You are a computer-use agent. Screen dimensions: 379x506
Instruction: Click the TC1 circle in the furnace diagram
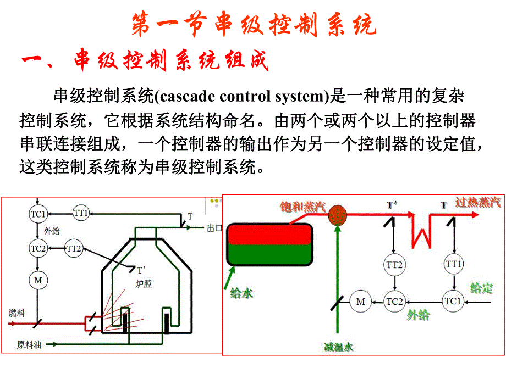click(37, 213)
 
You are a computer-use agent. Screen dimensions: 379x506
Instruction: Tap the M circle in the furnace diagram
click(37, 281)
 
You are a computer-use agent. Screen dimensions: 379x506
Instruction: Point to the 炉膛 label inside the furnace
click(144, 283)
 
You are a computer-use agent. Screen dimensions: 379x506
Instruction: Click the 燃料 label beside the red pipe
click(17, 313)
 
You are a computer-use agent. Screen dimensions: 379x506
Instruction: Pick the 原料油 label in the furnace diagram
click(29, 345)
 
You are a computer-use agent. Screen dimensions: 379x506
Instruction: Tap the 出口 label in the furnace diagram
click(214, 228)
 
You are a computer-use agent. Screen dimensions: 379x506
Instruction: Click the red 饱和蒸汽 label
click(303, 207)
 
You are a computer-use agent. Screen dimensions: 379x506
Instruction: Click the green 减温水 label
click(338, 347)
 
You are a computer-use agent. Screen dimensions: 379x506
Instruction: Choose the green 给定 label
click(481, 287)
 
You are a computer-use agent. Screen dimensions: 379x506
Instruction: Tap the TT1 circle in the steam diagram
click(454, 265)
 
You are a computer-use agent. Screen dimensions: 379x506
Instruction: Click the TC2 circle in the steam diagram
click(395, 302)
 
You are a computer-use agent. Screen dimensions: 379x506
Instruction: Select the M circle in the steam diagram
click(361, 302)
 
